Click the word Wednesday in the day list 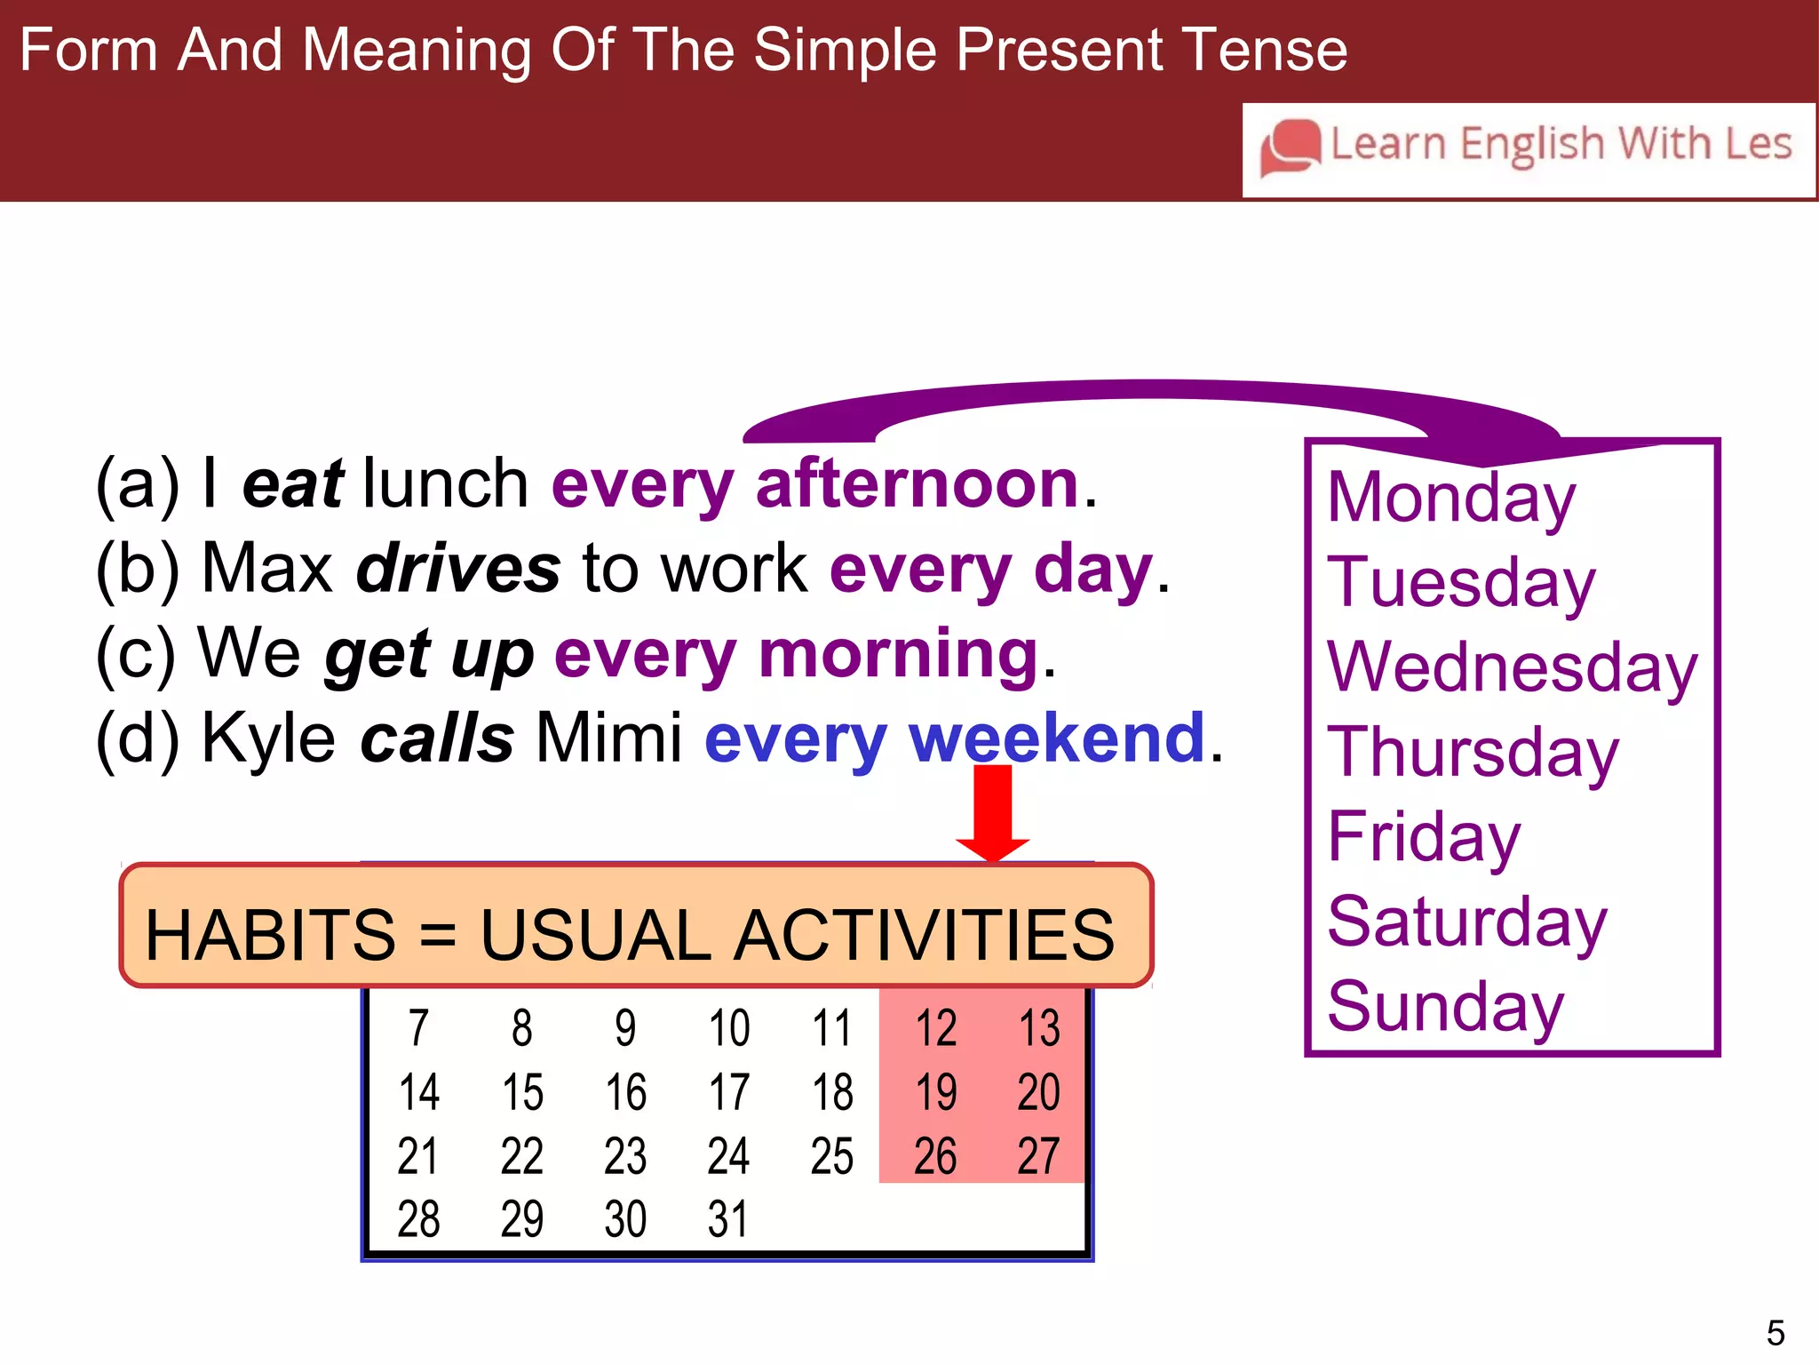[1512, 667]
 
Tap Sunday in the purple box [1445, 1007]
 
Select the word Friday [1424, 837]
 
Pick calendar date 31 [727, 1219]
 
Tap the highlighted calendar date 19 [935, 1092]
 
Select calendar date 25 [831, 1156]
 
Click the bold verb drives [458, 569]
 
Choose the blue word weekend [1056, 738]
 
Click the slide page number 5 [1775, 1333]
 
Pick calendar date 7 [418, 1028]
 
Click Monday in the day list [1450, 498]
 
